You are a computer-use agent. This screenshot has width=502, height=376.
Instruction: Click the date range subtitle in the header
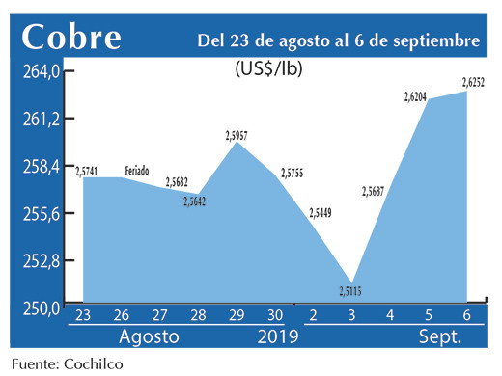click(338, 40)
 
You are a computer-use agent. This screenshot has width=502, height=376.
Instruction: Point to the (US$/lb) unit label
click(272, 68)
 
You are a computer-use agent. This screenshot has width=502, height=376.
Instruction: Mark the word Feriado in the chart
click(137, 171)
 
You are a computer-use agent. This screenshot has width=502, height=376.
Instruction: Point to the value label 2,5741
click(84, 170)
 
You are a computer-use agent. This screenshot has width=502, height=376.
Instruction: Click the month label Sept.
click(439, 337)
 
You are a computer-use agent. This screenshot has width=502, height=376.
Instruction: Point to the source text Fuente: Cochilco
click(68, 364)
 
